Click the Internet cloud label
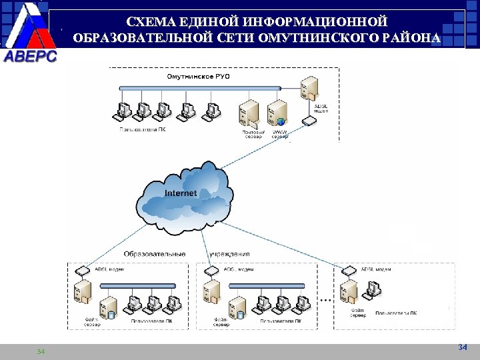(181, 193)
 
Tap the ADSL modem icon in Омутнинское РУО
(308, 121)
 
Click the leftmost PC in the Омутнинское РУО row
(123, 110)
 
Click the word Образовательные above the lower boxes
(155, 254)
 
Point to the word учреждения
(229, 254)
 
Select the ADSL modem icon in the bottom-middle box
(212, 271)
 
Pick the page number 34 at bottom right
(463, 347)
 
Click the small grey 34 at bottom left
(41, 351)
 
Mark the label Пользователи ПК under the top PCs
(143, 130)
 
